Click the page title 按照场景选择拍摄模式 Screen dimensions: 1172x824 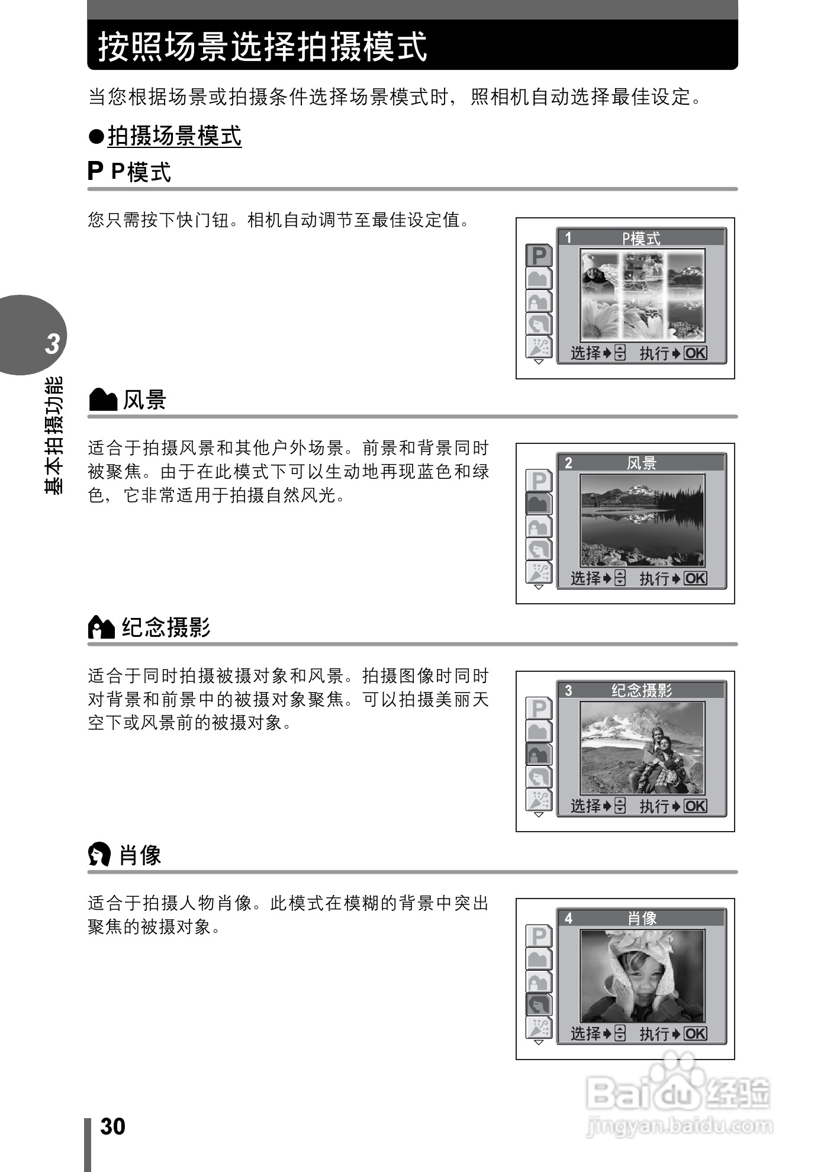tap(262, 47)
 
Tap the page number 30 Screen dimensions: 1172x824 tap(112, 1126)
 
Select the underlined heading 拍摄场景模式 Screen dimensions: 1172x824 tap(175, 136)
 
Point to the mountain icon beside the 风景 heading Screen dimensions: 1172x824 tap(103, 401)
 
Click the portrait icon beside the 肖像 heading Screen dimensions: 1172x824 tap(99, 855)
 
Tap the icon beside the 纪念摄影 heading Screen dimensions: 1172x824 tap(101, 627)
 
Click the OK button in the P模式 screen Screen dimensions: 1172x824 tap(695, 353)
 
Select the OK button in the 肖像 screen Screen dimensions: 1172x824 tap(695, 1034)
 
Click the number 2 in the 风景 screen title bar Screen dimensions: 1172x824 tap(568, 463)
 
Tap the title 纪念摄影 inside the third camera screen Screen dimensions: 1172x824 tap(642, 691)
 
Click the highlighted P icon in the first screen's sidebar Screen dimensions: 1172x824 tap(539, 256)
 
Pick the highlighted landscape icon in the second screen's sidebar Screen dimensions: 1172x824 tap(539, 504)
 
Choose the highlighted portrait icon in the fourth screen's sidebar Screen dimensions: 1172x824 tap(539, 1004)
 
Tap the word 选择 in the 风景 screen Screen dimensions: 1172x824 tap(585, 578)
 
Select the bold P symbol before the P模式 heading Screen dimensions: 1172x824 tap(95, 172)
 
